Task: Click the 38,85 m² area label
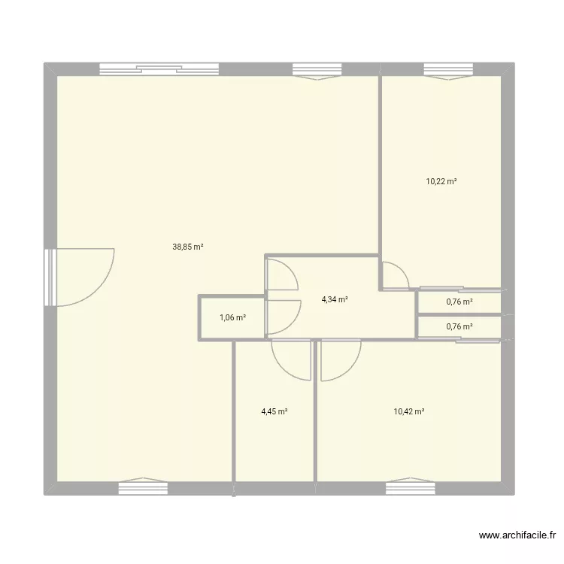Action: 189,246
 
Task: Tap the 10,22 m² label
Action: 441,181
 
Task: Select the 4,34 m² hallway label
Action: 335,299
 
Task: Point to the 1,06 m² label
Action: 232,317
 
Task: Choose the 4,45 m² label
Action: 274,411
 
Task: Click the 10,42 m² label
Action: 409,411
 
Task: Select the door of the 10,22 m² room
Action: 394,277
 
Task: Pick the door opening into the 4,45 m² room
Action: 292,359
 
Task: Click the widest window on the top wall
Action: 159,70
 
